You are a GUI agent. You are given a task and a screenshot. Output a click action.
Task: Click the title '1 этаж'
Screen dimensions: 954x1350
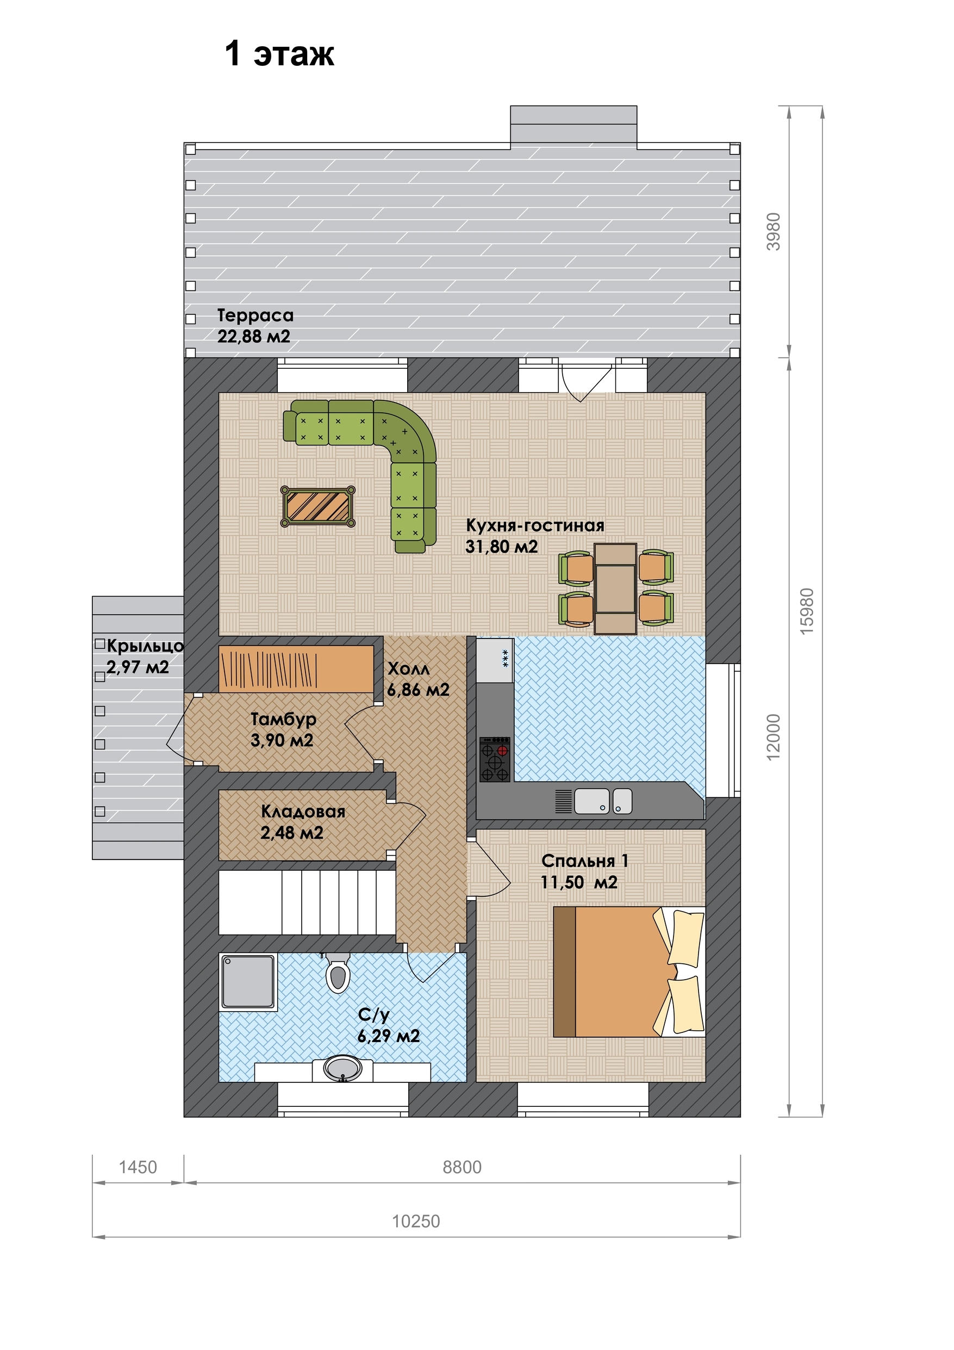tap(279, 53)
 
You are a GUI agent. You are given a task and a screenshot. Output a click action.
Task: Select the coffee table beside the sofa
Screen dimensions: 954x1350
tap(318, 506)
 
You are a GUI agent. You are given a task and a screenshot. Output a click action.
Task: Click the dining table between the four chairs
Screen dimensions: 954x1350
tap(615, 589)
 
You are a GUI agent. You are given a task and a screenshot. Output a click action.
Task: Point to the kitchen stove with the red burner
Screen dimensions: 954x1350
tap(495, 759)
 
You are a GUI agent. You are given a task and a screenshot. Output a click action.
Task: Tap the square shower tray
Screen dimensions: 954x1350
tap(247, 981)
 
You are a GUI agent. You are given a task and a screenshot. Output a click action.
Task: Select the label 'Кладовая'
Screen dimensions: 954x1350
tap(303, 812)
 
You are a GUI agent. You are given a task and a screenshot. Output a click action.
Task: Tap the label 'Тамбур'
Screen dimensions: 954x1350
tap(283, 719)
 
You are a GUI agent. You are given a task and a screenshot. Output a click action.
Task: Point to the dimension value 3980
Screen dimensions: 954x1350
tap(774, 232)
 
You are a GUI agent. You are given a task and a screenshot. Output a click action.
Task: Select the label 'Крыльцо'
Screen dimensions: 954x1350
tap(145, 646)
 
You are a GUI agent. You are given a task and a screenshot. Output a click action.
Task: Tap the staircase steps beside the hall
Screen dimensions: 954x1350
tap(307, 902)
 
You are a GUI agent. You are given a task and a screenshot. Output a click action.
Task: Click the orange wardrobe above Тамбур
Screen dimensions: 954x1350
tap(296, 668)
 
